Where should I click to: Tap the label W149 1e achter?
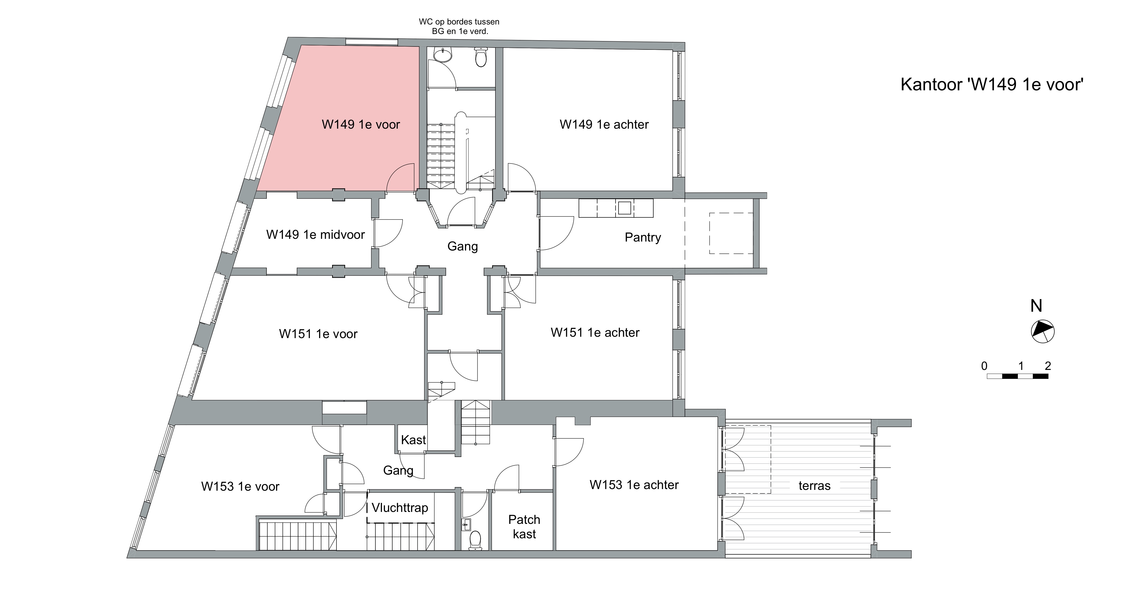[x=604, y=125]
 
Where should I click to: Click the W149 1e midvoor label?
[x=315, y=235]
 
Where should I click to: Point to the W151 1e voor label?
[x=318, y=334]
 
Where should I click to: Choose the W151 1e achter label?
[x=595, y=333]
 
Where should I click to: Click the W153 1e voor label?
[x=240, y=487]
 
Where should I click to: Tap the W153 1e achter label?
[x=634, y=485]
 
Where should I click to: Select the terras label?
[x=815, y=486]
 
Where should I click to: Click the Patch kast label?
[x=524, y=527]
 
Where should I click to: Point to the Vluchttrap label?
[x=400, y=508]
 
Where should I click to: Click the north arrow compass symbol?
[x=1043, y=331]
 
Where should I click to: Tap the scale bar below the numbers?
[x=1017, y=376]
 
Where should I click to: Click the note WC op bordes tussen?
[x=459, y=22]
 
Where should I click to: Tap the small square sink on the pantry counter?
[x=624, y=208]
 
